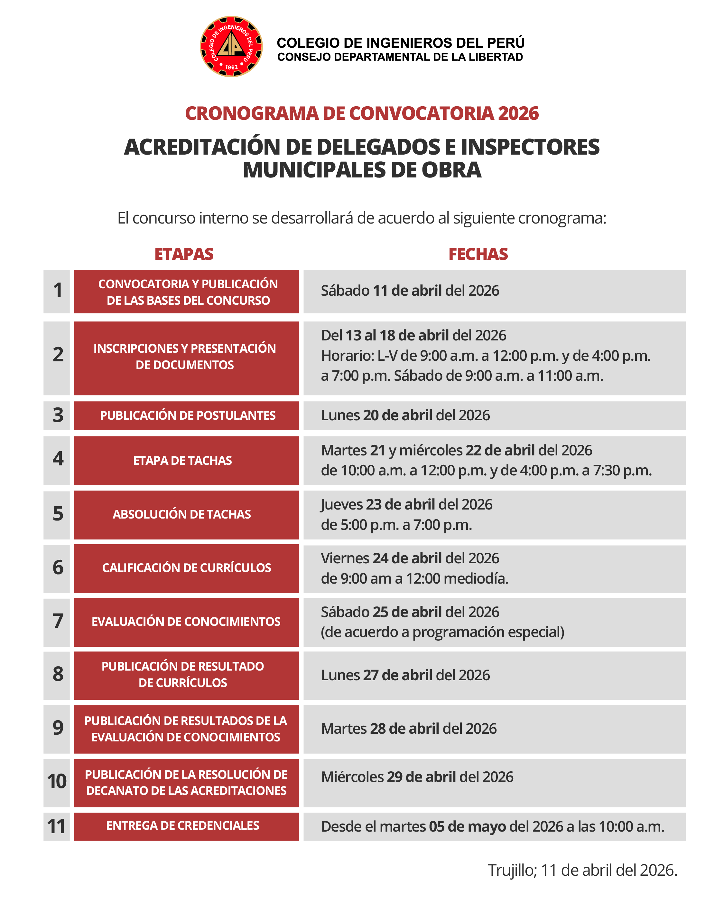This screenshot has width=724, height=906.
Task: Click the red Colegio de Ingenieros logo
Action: (x=231, y=47)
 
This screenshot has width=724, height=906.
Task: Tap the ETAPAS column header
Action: (x=184, y=254)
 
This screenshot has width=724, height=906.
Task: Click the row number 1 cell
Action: (x=57, y=291)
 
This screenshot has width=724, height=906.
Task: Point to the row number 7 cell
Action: (x=57, y=622)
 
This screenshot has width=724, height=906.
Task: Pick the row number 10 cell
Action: (x=57, y=782)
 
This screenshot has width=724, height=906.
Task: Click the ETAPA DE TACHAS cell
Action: (x=186, y=461)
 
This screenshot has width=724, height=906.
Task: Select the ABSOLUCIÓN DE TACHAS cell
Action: (x=186, y=514)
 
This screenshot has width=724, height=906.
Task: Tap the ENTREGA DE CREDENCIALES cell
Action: (x=186, y=826)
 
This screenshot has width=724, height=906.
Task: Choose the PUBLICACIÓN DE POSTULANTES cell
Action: (x=186, y=415)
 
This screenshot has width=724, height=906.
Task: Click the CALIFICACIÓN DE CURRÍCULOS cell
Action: (x=186, y=568)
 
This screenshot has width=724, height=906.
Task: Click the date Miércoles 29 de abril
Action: (x=417, y=777)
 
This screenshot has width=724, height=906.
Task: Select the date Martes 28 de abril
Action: (x=408, y=729)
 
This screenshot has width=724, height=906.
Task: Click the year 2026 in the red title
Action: (x=518, y=113)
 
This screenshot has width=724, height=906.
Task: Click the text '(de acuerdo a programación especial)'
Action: (x=442, y=632)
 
